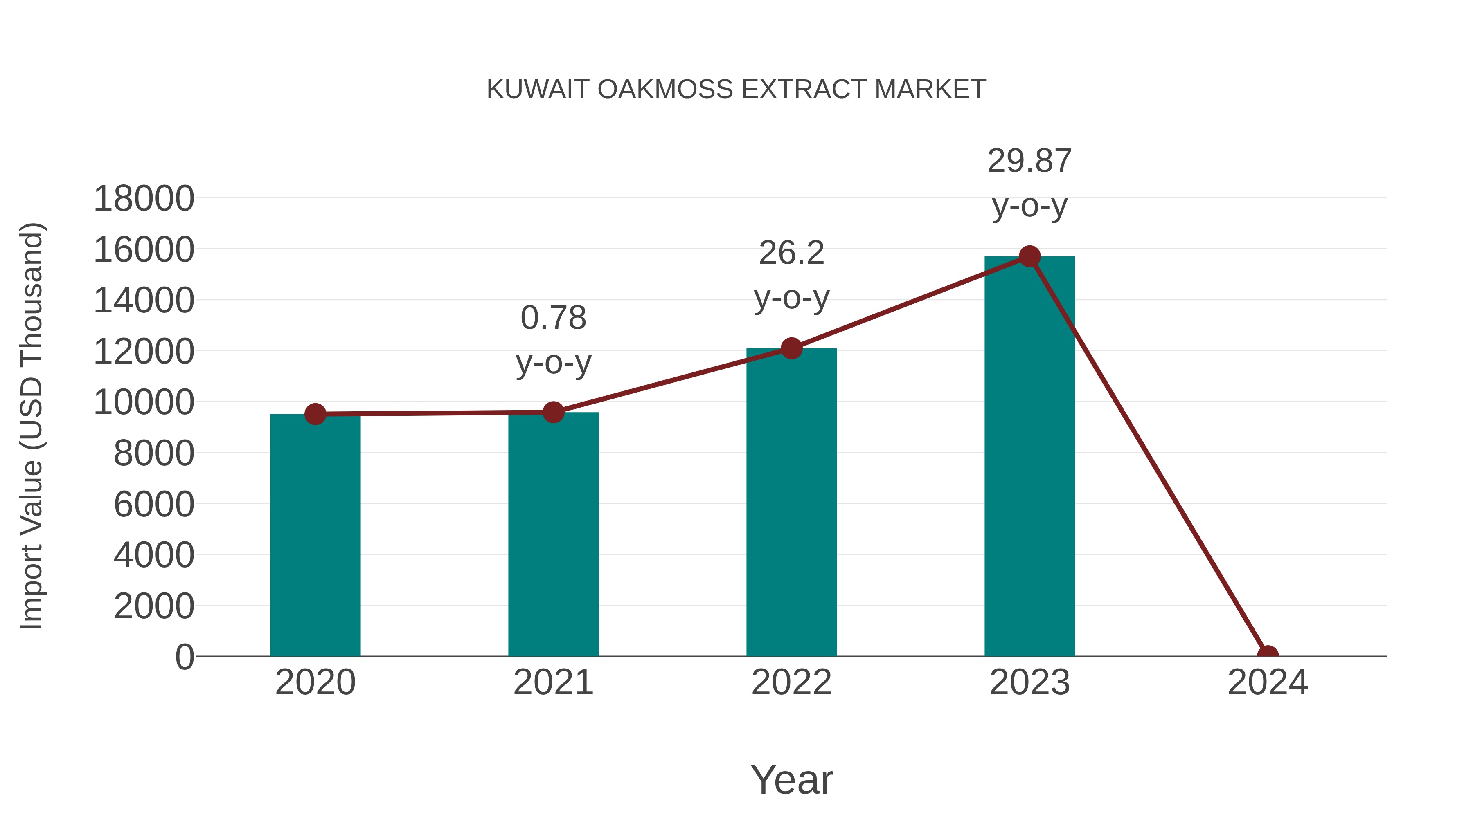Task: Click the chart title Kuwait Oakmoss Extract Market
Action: [x=736, y=90]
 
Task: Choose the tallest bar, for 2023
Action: [x=1029, y=457]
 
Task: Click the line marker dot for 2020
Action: [x=315, y=414]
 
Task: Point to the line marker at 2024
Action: [x=1268, y=655]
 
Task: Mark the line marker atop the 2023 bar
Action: [x=1029, y=256]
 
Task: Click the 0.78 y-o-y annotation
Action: [x=553, y=340]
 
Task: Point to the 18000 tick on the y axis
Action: [x=144, y=199]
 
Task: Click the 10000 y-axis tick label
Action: [x=144, y=402]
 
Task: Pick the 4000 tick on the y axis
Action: [x=154, y=555]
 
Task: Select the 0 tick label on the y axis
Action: [x=184, y=657]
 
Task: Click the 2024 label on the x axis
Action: [x=1268, y=682]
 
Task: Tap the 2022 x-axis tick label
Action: [x=791, y=682]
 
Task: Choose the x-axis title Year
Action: [x=791, y=779]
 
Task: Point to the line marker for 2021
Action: [x=553, y=412]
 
